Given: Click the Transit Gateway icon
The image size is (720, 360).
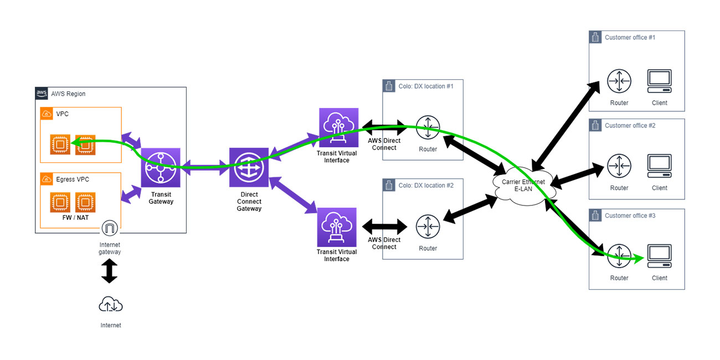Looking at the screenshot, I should click(161, 167).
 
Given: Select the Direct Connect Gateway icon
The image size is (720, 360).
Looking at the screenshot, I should click(249, 167).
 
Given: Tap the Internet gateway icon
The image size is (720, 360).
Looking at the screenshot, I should click(110, 228).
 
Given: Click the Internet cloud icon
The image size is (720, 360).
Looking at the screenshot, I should click(110, 304).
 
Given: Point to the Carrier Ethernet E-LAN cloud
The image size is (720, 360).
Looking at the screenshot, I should click(523, 185).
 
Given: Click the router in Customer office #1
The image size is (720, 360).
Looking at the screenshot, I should click(619, 81).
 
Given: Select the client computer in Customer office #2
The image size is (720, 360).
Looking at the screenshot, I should click(659, 166).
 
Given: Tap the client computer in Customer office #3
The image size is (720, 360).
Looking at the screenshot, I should click(659, 256).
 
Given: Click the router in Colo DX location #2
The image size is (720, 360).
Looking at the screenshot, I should click(428, 227).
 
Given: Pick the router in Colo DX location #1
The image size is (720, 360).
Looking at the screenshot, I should click(428, 128).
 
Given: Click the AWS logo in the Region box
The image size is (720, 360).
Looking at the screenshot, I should click(42, 93).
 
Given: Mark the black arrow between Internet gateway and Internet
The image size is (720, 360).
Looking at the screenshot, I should click(110, 271).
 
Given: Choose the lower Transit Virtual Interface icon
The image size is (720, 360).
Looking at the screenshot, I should click(336, 227).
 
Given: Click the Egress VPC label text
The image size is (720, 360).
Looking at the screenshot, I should click(72, 179).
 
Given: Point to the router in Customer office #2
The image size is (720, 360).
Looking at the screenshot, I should click(619, 166).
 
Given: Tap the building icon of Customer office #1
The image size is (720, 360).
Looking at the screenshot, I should click(595, 38).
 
